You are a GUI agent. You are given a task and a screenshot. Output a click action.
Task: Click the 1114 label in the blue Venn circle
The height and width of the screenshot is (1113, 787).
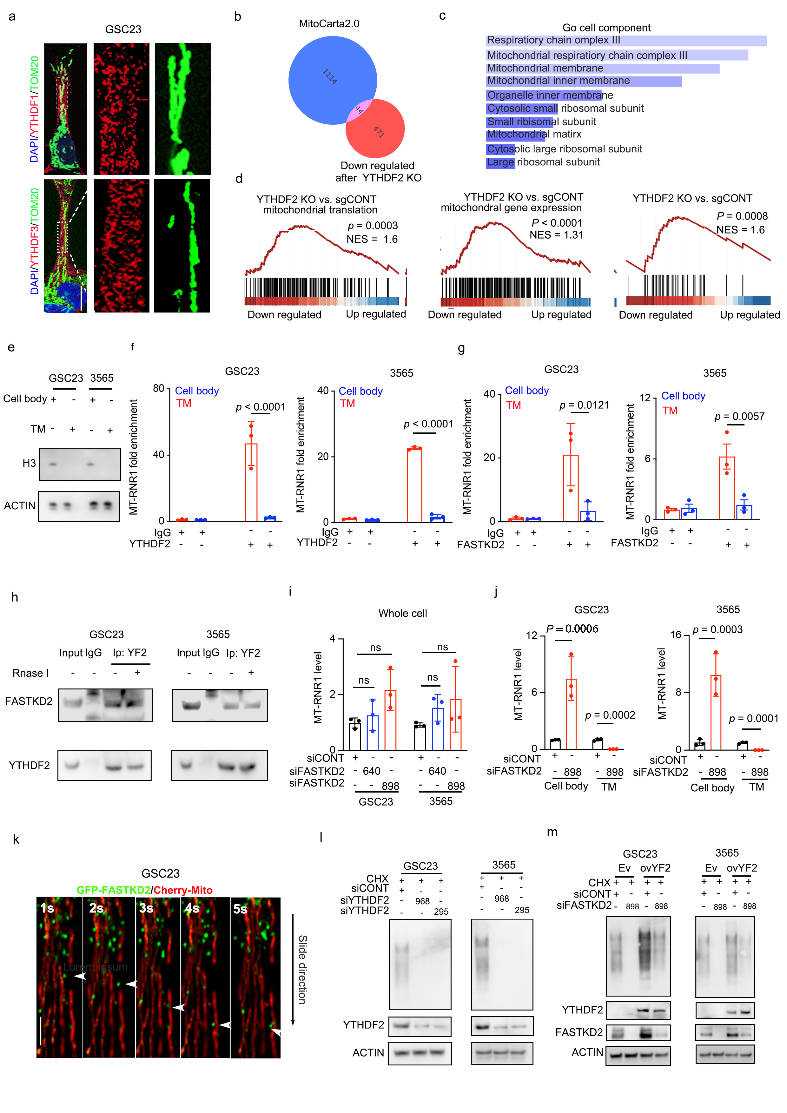pos(330,76)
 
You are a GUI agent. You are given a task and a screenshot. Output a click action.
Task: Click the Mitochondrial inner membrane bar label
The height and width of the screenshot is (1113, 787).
pos(558,81)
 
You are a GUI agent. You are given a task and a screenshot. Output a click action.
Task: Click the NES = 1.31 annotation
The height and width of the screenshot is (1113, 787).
pos(556,235)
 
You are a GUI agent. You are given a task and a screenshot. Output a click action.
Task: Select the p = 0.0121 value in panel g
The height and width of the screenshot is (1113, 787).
pos(584,405)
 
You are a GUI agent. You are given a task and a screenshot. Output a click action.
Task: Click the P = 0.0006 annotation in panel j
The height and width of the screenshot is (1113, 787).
pos(572,629)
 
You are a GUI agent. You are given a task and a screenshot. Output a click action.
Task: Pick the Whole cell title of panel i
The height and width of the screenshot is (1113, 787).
pos(402,614)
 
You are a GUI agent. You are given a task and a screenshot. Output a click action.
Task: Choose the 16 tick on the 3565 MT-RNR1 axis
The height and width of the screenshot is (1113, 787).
pos(676,636)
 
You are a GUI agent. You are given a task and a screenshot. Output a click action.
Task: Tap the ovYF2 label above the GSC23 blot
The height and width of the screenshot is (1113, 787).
pos(655,868)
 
